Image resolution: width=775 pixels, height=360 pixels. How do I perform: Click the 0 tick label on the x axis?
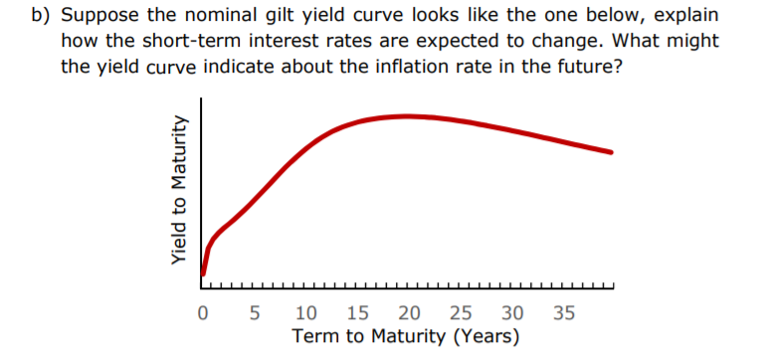[203, 315]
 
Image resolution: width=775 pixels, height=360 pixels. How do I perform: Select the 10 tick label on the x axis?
[307, 315]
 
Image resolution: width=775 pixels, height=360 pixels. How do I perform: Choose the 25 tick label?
[463, 315]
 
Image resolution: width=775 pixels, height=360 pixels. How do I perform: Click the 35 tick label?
[564, 315]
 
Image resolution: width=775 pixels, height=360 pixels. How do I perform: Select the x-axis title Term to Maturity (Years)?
[405, 338]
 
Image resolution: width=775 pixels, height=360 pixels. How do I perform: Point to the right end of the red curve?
[611, 152]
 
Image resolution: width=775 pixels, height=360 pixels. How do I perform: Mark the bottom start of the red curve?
[203, 272]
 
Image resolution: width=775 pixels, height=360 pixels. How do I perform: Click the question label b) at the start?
[43, 18]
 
